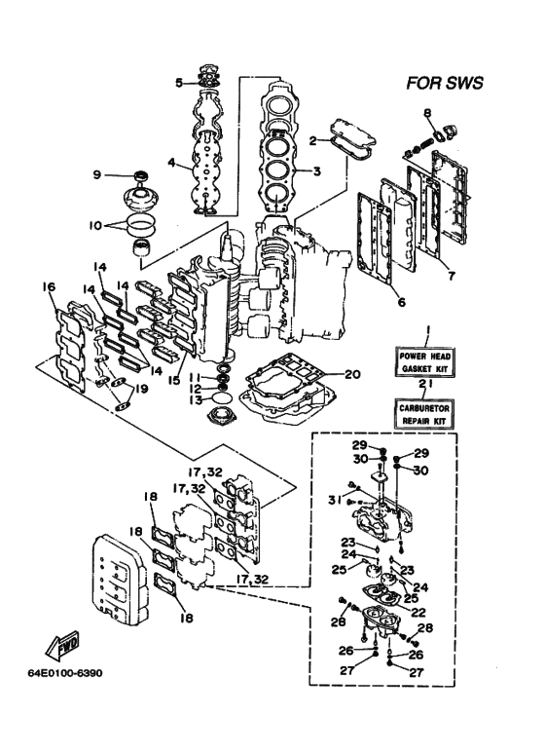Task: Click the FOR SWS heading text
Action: point(445,83)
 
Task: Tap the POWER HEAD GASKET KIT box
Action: point(425,362)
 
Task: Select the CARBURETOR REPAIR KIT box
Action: point(425,414)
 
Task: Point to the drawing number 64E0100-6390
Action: point(65,672)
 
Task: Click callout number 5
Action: point(179,83)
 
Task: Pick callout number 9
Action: point(97,174)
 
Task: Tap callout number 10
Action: point(95,225)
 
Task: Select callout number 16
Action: point(49,287)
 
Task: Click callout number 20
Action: point(352,374)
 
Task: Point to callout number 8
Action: point(427,113)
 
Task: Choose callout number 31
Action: point(335,500)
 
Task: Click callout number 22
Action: point(418,613)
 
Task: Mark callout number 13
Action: point(196,398)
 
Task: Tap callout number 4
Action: point(171,163)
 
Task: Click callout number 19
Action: point(141,388)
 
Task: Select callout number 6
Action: point(402,302)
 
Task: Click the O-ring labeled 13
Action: point(222,398)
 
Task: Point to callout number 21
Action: point(425,383)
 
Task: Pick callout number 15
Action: point(173,380)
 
